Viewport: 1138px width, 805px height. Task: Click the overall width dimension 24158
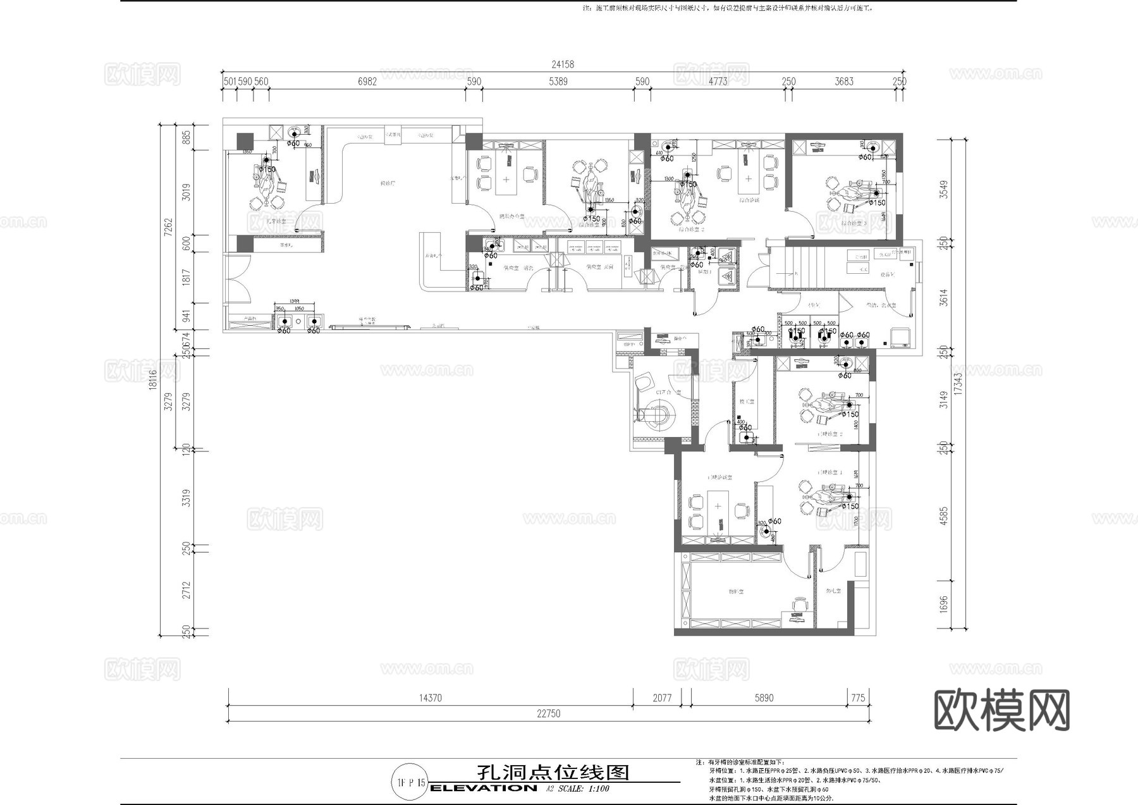pyautogui.click(x=562, y=64)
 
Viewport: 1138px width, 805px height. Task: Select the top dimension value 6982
pyautogui.click(x=367, y=81)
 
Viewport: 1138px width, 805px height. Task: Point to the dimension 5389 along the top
pyautogui.click(x=558, y=81)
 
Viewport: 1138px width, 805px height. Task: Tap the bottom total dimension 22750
pyautogui.click(x=548, y=713)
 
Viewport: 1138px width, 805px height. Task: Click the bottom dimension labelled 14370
pyautogui.click(x=430, y=698)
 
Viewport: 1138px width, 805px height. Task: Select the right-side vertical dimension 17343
pyautogui.click(x=958, y=384)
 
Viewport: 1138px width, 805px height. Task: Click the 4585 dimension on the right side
pyautogui.click(x=943, y=516)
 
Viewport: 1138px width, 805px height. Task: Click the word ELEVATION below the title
pyautogui.click(x=483, y=788)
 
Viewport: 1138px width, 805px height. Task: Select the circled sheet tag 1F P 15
pyautogui.click(x=410, y=782)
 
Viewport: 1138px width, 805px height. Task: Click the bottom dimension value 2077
pyautogui.click(x=662, y=698)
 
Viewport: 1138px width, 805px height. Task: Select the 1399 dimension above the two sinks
pyautogui.click(x=290, y=302)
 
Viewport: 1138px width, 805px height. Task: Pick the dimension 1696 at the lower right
pyautogui.click(x=943, y=604)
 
